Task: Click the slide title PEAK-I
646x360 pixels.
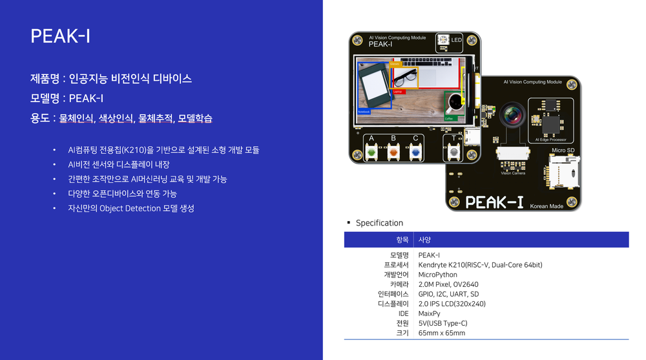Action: click(x=60, y=36)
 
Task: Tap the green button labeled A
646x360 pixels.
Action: click(x=371, y=153)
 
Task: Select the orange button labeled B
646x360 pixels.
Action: click(x=393, y=153)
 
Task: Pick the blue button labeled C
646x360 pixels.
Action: click(x=415, y=153)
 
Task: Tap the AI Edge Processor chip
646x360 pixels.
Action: click(x=550, y=121)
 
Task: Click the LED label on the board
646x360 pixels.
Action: click(x=456, y=41)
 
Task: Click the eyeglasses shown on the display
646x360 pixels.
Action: click(x=405, y=79)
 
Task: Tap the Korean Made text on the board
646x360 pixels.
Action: click(x=547, y=206)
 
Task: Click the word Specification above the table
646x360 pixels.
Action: click(x=379, y=223)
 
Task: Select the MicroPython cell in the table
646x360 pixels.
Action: click(x=438, y=275)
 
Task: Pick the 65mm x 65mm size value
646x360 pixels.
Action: click(x=442, y=333)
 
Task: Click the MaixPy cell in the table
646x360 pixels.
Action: click(x=429, y=313)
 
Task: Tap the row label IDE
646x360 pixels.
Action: click(x=404, y=313)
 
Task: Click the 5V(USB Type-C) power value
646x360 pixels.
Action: click(x=443, y=323)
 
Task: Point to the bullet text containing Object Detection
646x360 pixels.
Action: click(x=131, y=208)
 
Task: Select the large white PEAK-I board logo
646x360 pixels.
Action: click(x=494, y=202)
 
